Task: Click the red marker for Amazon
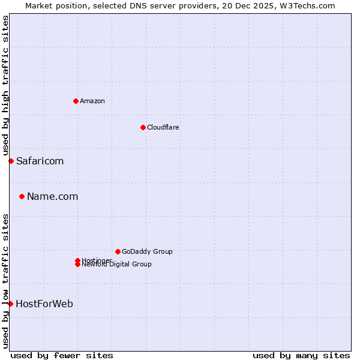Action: click(76, 101)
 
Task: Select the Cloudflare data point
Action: click(143, 127)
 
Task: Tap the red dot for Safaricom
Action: click(11, 161)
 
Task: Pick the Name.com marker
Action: click(22, 196)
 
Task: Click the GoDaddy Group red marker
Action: click(118, 251)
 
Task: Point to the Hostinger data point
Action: click(77, 260)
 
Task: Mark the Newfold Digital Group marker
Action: click(77, 265)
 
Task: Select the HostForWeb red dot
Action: click(10, 304)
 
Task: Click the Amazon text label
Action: click(92, 101)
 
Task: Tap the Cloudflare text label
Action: click(163, 127)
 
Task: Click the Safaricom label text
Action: click(40, 161)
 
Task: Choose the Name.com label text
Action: click(52, 196)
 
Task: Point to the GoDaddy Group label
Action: click(147, 251)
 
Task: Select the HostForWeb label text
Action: click(44, 304)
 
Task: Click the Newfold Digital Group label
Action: click(117, 265)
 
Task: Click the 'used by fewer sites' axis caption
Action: click(62, 355)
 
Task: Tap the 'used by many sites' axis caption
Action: click(301, 355)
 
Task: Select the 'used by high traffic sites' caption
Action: click(5, 86)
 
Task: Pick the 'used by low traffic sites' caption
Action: click(5, 280)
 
